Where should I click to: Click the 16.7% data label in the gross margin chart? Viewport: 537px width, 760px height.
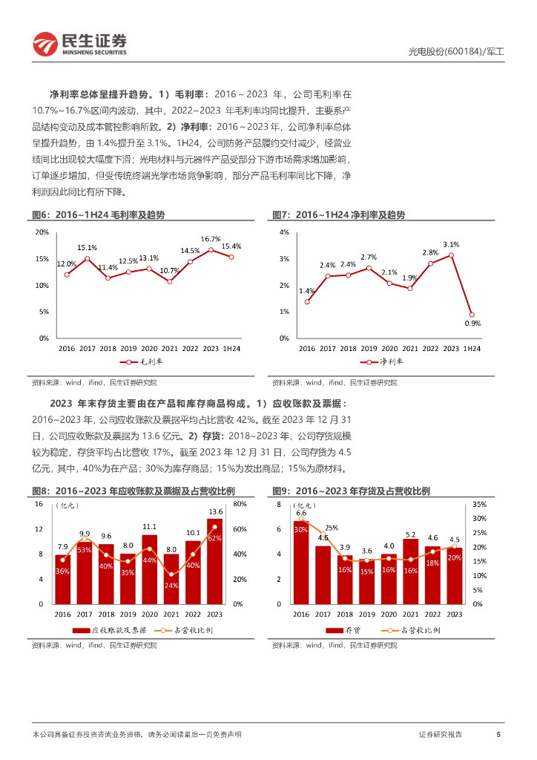coord(211,239)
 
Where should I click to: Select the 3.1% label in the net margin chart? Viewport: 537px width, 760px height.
coord(451,244)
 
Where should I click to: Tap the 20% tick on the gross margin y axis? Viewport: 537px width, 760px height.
coord(43,232)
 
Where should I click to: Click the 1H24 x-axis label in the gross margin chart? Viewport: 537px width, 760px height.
coord(231,347)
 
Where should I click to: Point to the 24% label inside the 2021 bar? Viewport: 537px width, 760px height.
coord(171,586)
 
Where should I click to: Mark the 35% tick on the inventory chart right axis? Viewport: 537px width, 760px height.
coord(478,504)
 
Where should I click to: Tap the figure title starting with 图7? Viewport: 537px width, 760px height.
coord(339,214)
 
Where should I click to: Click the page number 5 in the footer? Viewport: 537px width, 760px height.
coord(498,734)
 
